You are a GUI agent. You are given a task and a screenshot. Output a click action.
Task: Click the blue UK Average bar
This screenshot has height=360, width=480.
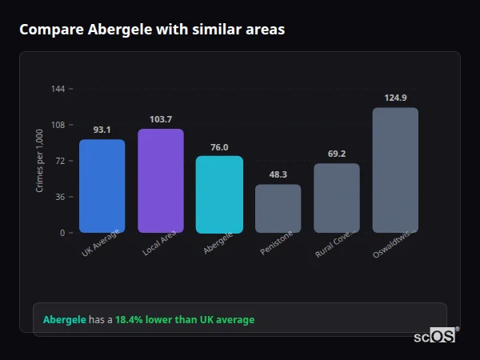[102, 186]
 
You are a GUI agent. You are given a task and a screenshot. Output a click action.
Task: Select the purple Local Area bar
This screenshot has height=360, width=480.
[160, 181]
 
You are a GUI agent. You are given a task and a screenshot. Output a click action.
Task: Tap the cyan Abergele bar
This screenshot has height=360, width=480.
[219, 194]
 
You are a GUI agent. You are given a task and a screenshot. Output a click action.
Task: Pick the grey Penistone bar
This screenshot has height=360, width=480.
[278, 209]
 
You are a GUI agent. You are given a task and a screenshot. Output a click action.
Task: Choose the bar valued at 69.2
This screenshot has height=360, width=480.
[336, 198]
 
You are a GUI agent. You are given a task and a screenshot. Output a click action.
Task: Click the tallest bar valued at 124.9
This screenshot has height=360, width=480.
[395, 170]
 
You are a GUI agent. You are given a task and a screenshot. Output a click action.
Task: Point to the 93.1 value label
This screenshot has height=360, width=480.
[102, 130]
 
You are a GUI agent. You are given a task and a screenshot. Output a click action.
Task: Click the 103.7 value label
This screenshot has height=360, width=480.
[160, 119]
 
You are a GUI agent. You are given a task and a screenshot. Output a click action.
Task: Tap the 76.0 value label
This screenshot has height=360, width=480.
[219, 146]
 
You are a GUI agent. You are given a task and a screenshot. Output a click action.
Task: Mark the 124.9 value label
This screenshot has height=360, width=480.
[395, 98]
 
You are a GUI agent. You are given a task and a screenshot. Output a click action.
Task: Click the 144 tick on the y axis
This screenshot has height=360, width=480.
[58, 89]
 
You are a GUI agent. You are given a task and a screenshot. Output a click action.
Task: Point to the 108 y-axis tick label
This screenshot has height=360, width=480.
[58, 125]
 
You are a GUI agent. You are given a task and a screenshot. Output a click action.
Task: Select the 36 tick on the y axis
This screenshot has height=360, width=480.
[59, 197]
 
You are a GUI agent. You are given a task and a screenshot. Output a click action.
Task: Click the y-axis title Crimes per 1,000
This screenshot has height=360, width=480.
[40, 162]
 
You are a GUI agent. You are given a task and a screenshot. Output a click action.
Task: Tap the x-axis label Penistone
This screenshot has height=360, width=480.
[277, 243]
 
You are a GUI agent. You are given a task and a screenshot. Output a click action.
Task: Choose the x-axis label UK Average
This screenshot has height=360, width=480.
[100, 243]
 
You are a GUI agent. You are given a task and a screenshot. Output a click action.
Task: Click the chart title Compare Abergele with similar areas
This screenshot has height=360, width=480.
[152, 30]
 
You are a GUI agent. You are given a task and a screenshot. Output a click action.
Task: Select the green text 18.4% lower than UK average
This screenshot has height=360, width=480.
[185, 320]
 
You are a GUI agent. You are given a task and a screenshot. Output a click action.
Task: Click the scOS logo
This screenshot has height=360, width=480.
[435, 336]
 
